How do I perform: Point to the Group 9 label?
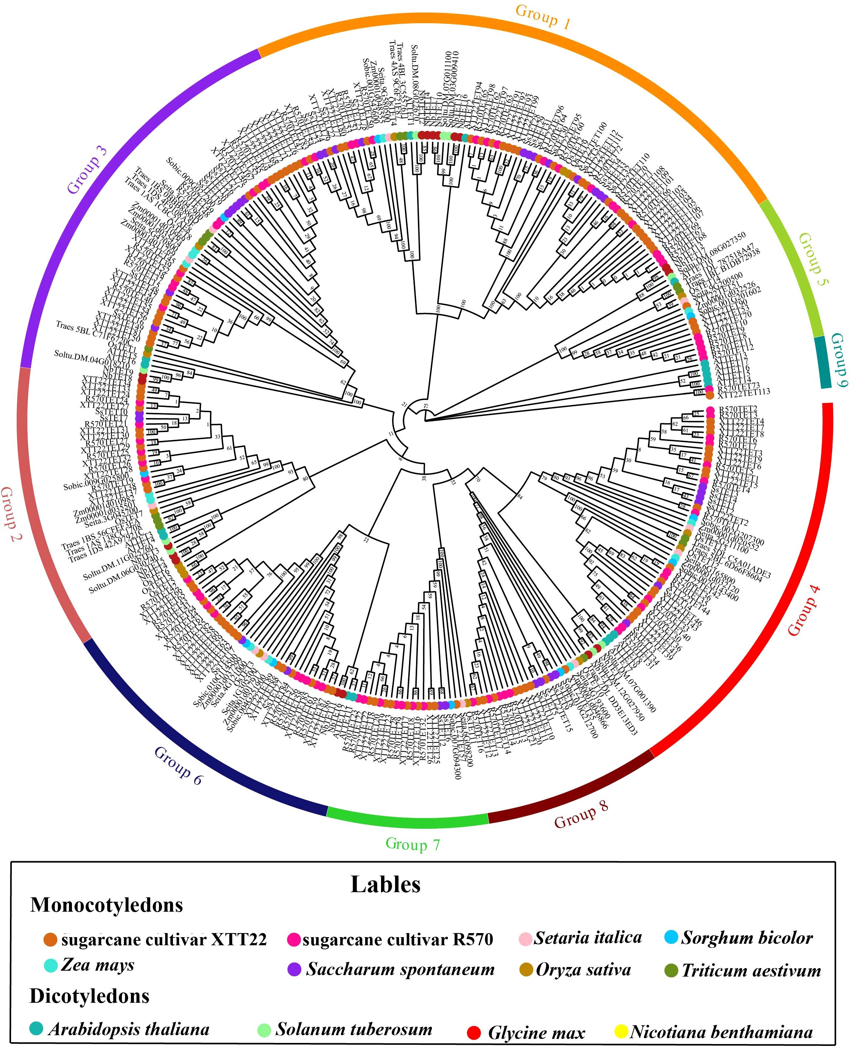(x=839, y=360)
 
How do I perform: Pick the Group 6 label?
(x=178, y=765)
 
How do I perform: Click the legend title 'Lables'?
(x=385, y=884)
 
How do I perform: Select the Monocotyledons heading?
(x=107, y=905)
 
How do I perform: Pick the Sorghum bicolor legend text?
(x=747, y=938)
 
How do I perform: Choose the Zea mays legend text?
(x=98, y=964)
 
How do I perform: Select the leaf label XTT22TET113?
(x=744, y=392)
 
